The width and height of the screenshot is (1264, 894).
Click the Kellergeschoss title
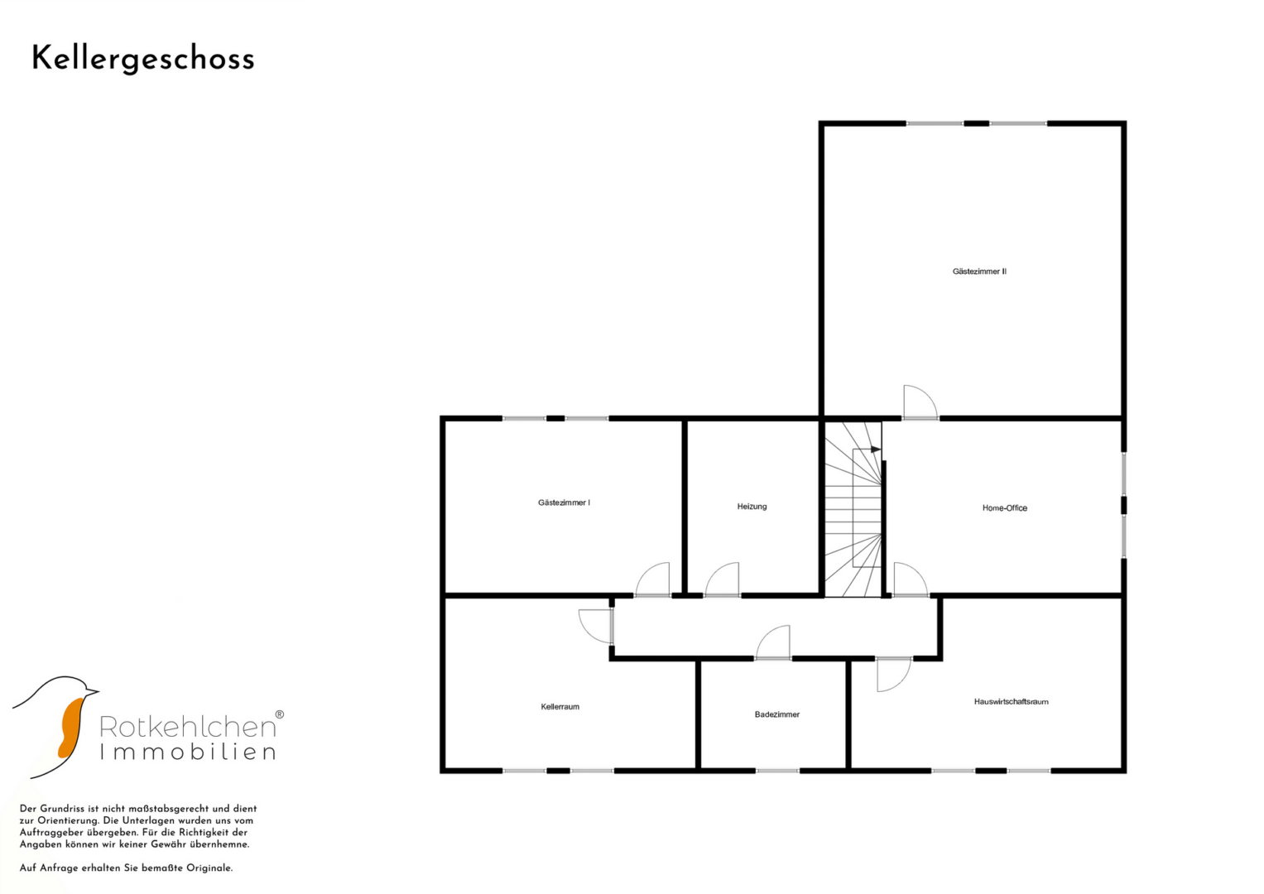142,60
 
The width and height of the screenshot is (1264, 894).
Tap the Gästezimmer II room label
979,272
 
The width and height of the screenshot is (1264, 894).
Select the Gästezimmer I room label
564,502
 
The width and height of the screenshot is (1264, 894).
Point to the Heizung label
752,507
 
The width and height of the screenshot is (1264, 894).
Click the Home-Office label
1004,508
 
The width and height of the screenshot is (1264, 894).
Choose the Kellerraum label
560,707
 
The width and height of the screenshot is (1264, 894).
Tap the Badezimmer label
777,714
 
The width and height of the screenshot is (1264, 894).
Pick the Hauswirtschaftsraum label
1011,702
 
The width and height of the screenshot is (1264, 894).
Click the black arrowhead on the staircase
876,449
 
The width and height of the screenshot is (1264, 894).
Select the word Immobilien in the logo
188,752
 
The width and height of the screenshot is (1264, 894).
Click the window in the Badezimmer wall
777,771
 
